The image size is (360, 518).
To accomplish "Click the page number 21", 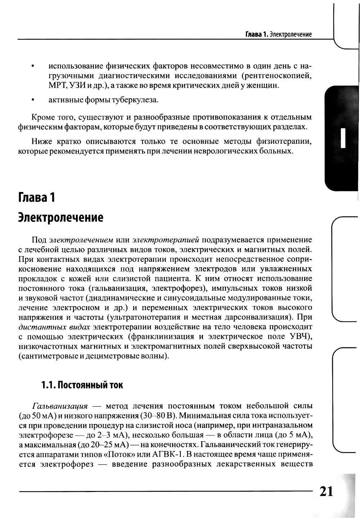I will click(x=326, y=491).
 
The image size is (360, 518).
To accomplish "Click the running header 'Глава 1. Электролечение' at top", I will click(x=278, y=35).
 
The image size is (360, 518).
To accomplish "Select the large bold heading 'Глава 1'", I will click(x=37, y=197).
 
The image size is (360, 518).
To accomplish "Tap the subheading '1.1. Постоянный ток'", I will click(x=82, y=385).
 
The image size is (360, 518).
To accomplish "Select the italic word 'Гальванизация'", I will click(x=60, y=406).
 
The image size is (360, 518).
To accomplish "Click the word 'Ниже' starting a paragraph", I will click(x=41, y=141).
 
